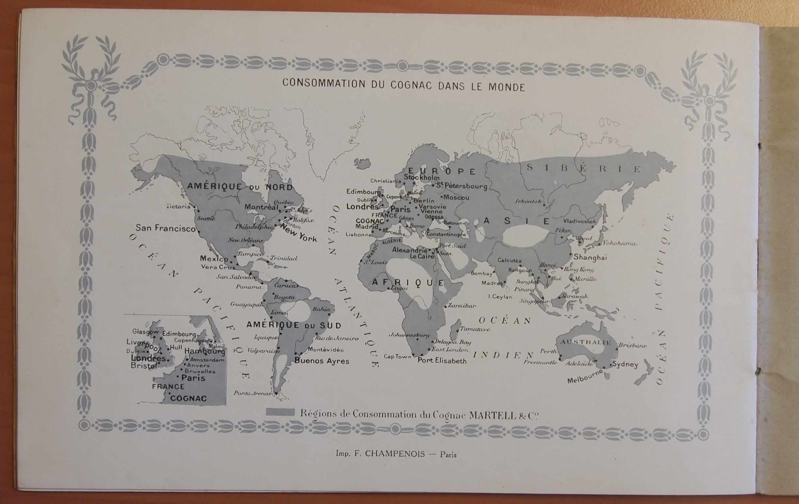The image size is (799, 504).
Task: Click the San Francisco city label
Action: tap(165, 228)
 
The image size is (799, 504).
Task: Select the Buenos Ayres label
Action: tap(321, 361)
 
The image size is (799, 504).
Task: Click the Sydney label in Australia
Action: tap(625, 365)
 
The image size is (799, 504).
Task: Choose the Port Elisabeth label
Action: tap(442, 361)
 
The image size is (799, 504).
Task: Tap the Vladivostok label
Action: tap(579, 221)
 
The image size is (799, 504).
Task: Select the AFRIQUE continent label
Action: tap(407, 283)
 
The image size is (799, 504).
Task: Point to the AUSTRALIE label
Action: tap(586, 342)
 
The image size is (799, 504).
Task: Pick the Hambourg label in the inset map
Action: tap(204, 351)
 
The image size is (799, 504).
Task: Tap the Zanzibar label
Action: tap(462, 306)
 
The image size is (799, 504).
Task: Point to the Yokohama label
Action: tap(619, 243)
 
